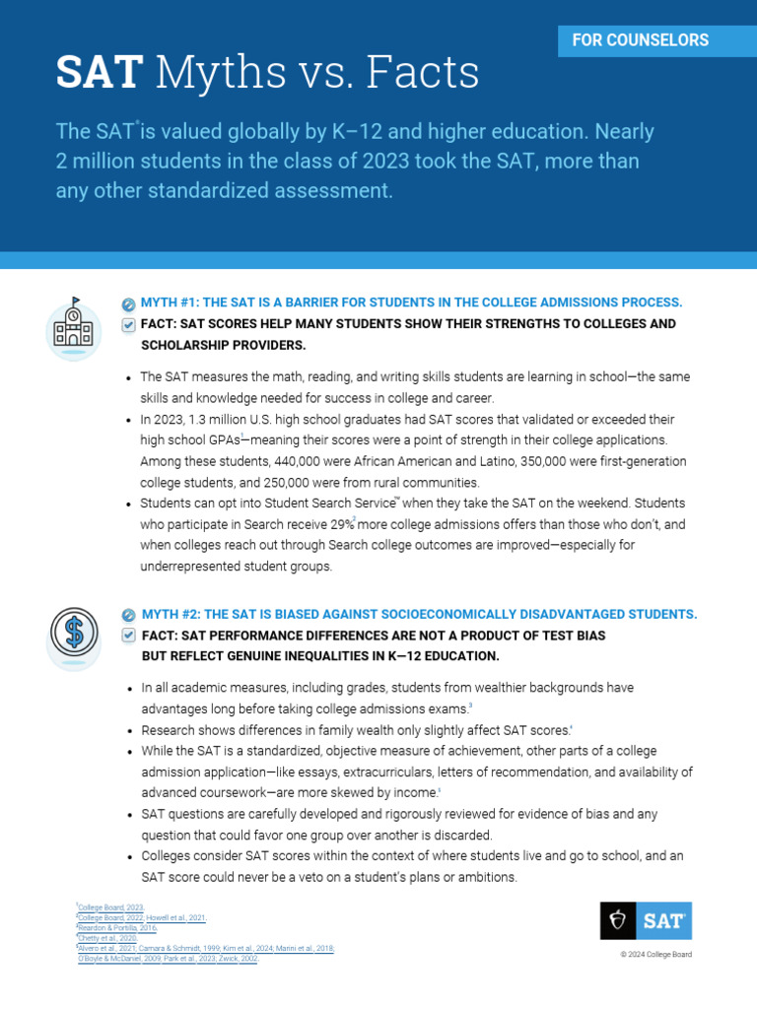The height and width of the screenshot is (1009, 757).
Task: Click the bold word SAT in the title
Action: (x=99, y=72)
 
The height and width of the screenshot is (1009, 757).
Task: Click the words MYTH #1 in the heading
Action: (x=170, y=303)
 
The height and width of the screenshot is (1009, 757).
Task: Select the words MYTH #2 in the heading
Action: (x=170, y=614)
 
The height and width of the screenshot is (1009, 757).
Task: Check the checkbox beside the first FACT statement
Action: (x=128, y=324)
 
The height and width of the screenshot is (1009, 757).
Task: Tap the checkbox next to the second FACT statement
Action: (x=128, y=636)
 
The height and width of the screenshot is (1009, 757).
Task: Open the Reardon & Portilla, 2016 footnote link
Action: (x=116, y=927)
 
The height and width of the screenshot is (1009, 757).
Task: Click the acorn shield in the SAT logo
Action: (x=618, y=920)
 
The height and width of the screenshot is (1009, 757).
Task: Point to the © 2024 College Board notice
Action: (x=655, y=955)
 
